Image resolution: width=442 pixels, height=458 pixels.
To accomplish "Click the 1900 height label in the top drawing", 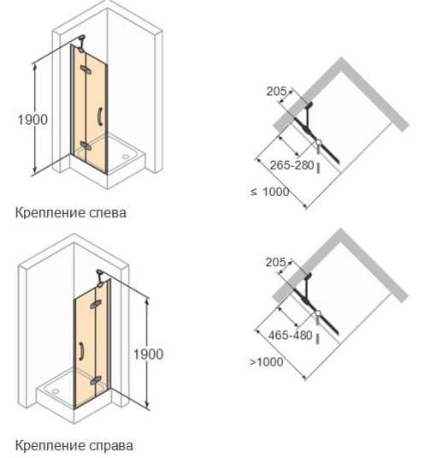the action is pos(32,120).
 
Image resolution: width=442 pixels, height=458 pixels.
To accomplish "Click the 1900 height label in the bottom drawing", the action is pos(148,354).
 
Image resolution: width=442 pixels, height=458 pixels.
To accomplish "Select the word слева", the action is pos(103,213).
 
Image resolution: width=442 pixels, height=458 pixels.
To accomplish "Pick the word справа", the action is pos(109,446).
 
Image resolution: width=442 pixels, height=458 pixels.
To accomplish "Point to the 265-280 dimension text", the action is pos(292,165).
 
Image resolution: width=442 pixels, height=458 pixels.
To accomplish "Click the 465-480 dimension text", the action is pos(291,336).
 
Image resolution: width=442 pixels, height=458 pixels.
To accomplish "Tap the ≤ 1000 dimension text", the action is pos(269,192).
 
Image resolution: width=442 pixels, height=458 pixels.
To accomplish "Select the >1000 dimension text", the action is pos(267,362).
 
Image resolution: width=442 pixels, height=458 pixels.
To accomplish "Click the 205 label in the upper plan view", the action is pos(276,92).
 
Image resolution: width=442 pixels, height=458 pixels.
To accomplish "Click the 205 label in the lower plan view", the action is pos(275,262).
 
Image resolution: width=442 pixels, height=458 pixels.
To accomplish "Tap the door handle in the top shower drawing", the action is pos(100,116).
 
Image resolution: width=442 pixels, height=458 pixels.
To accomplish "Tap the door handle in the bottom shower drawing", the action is pos(80,351).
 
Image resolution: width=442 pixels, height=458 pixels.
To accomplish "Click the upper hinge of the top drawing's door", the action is pos(86,69).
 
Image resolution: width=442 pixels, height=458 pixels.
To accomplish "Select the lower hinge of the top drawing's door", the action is pos(86,146).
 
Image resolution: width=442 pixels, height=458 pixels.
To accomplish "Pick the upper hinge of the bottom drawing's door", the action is pos(96,305).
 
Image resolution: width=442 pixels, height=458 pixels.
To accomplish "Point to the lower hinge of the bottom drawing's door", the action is pos(96,380).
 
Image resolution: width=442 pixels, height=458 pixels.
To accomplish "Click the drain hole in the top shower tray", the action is pos(126,157).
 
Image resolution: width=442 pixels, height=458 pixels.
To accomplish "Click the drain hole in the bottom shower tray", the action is pos(56,391).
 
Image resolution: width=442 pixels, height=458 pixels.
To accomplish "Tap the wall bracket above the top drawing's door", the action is pos(82,43).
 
